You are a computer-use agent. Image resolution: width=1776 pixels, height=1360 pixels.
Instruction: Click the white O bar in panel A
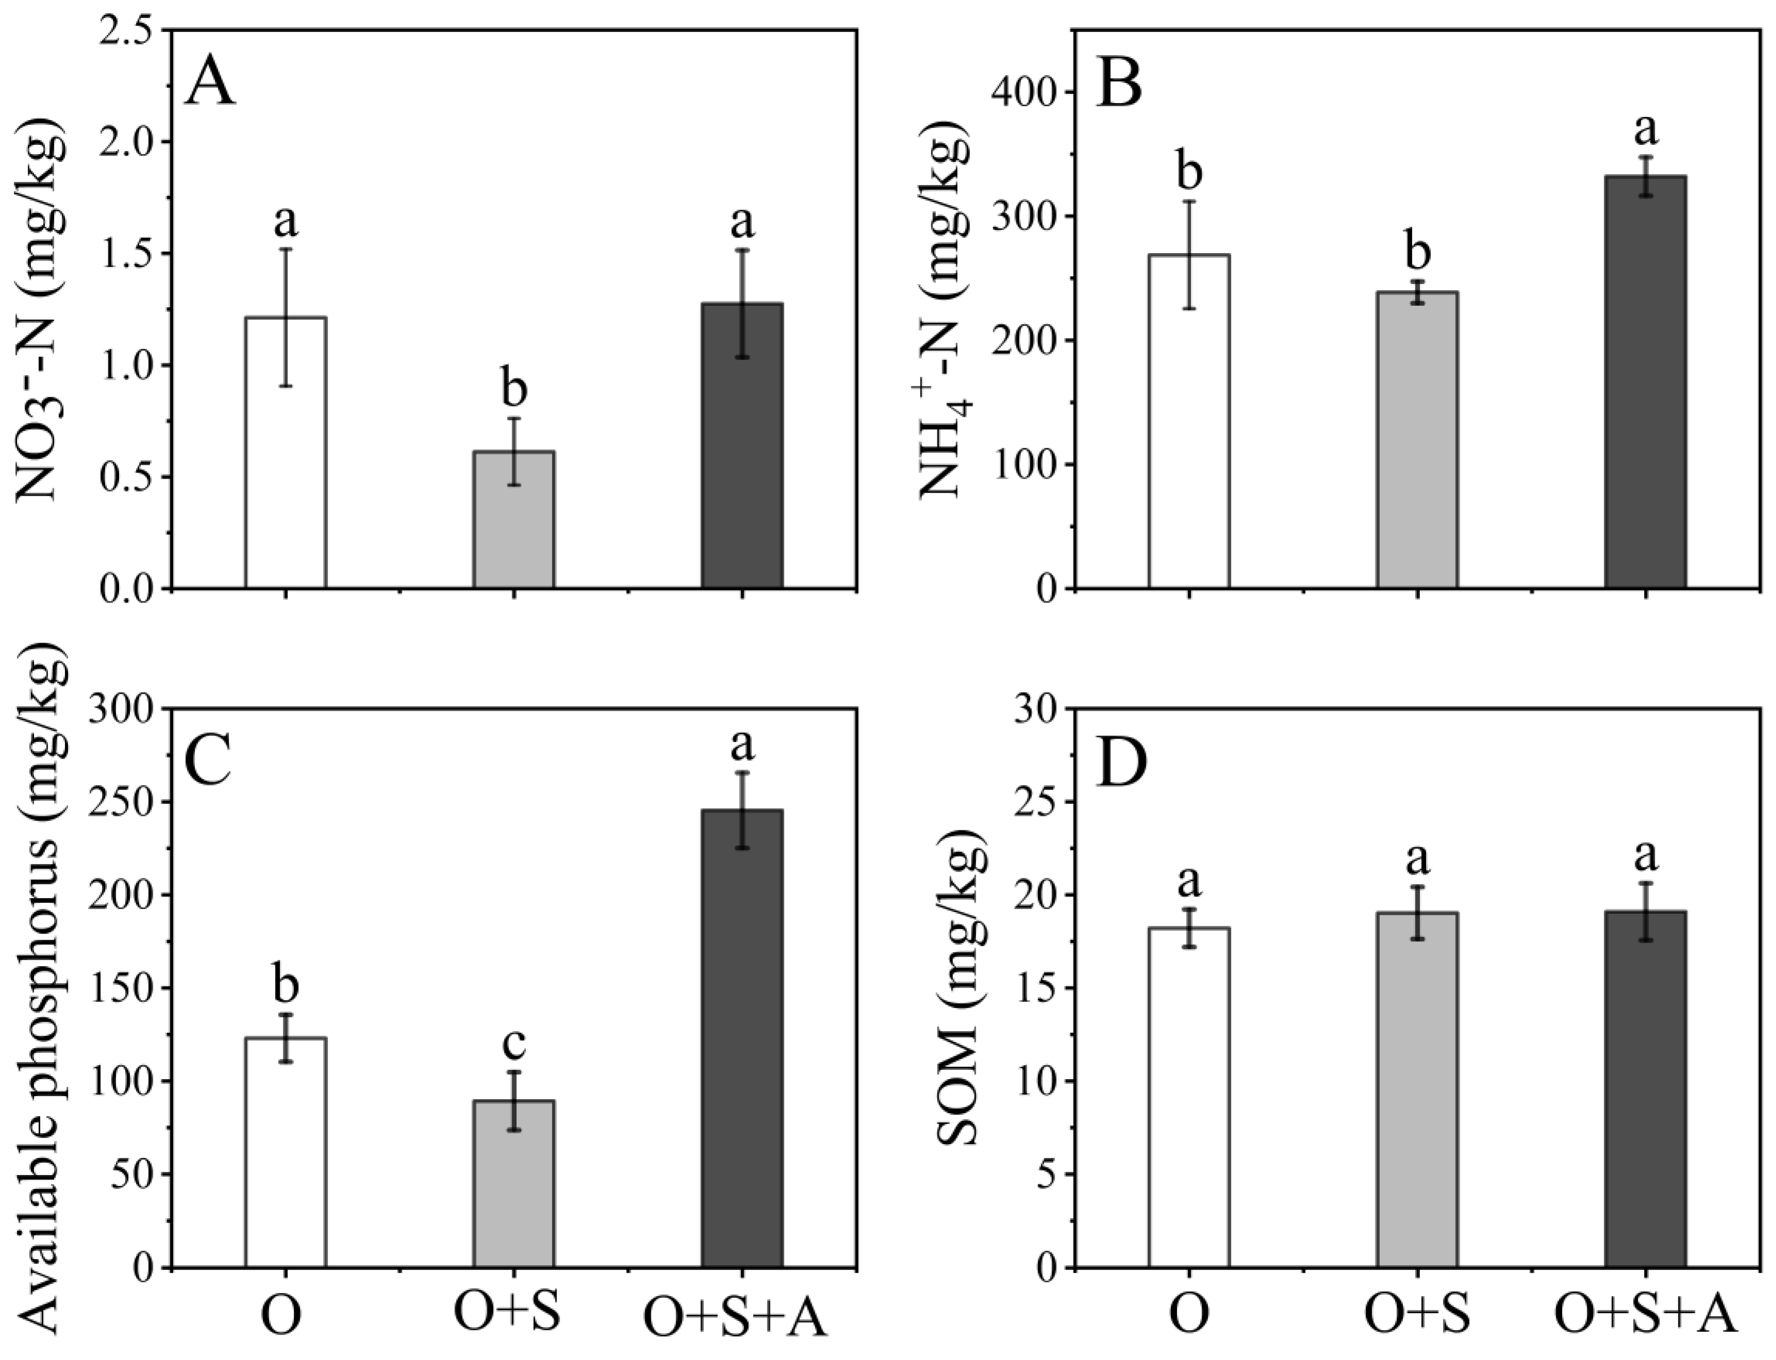286,452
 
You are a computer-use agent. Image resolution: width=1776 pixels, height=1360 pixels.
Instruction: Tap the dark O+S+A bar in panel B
1646,382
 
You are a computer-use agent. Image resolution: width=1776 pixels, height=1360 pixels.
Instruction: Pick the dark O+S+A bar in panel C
742,1038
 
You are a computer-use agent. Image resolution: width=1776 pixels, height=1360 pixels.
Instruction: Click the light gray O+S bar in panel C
514,1184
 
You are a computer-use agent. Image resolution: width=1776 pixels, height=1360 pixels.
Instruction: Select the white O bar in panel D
1189,1098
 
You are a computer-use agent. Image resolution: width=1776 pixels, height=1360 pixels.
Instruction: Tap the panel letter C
208,761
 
